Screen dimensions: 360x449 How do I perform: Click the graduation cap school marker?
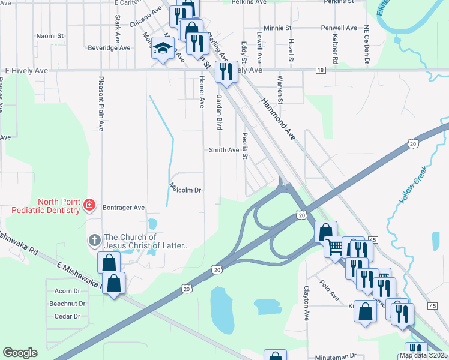162,49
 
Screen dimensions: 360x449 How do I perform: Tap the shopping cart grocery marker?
334,246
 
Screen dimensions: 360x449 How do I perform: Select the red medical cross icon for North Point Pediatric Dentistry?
89,205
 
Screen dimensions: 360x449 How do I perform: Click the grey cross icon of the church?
94,241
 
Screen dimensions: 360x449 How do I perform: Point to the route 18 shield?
321,70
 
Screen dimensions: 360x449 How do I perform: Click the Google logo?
20,353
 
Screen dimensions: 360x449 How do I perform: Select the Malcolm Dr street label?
184,190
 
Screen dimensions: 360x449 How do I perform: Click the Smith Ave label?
223,150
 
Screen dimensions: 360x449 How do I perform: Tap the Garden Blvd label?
220,112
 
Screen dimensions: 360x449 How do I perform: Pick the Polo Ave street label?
330,290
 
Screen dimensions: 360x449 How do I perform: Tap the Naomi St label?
46,36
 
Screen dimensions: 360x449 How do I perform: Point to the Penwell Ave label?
339,28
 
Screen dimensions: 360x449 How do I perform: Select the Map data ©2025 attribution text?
423,355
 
